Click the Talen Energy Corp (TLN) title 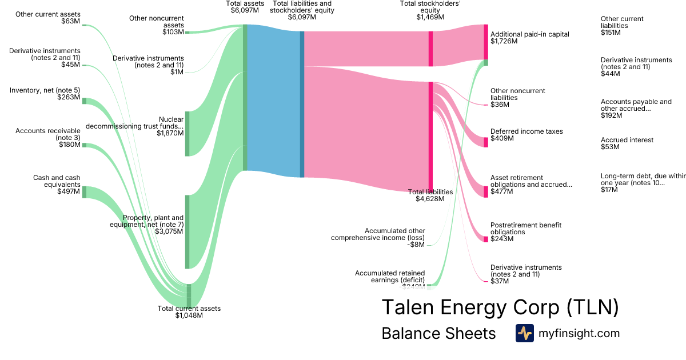500,307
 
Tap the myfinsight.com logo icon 524,333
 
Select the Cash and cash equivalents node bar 84,191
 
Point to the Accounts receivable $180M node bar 84,145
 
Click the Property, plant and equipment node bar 187,231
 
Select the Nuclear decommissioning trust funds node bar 187,134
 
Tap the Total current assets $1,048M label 189,312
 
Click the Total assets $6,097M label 245,7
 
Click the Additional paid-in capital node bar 486,42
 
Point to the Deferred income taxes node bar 486,142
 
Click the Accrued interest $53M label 627,143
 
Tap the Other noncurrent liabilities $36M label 517,98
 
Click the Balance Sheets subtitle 438,334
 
